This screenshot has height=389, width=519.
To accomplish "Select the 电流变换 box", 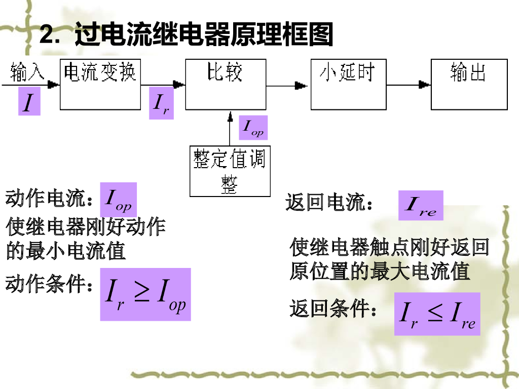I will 100,84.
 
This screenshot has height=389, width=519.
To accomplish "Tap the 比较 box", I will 226,84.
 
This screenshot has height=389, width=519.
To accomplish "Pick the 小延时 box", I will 348,84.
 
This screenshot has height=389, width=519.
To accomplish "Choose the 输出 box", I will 469,84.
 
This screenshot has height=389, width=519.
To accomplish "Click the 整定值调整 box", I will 230,171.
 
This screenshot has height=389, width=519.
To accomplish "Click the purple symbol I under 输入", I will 29,102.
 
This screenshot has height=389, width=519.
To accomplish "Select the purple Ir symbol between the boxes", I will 161,104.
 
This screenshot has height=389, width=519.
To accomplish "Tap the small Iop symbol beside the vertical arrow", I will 253,128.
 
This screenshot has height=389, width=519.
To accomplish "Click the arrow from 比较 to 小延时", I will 288,86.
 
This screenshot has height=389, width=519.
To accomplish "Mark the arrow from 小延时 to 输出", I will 409,86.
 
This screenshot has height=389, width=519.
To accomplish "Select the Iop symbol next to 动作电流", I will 118,200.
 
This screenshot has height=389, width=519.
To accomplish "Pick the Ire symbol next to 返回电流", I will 421,206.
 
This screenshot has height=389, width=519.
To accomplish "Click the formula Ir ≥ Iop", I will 145,294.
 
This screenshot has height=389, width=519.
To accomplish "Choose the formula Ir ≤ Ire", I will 437,314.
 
